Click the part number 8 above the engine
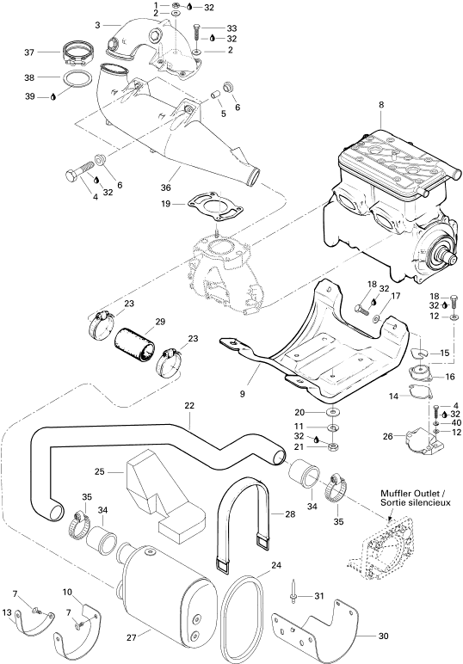(x=381, y=105)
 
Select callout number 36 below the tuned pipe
(x=166, y=188)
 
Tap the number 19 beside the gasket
(x=165, y=204)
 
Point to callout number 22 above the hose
(x=189, y=405)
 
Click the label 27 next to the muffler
(x=132, y=637)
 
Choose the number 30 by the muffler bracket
(x=383, y=636)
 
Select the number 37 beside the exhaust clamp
(x=29, y=52)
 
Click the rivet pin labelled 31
(x=294, y=593)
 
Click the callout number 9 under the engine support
(x=243, y=394)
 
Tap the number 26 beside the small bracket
(x=387, y=436)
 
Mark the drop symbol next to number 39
(x=53, y=96)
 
